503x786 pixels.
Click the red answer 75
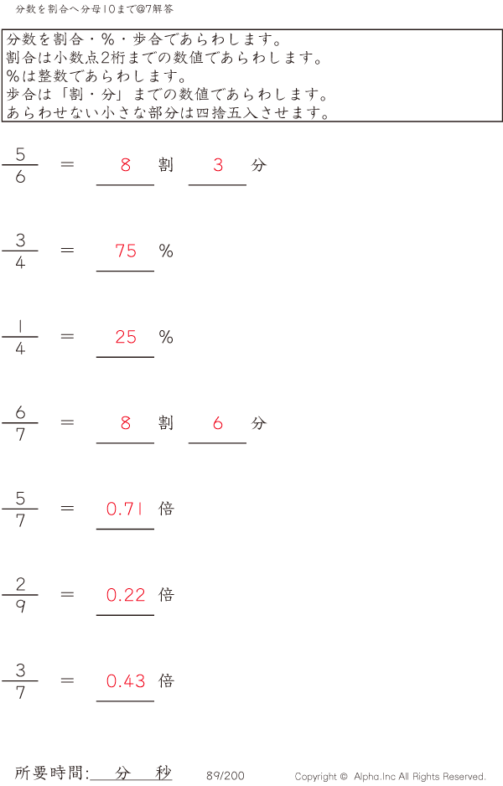(126, 251)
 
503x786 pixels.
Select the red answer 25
(126, 337)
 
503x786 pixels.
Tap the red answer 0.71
(126, 509)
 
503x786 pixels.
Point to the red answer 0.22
(126, 595)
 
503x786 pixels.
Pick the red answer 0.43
(126, 681)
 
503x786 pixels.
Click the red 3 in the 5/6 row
(218, 165)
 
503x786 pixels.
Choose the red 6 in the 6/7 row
(218, 423)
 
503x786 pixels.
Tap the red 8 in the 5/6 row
(126, 165)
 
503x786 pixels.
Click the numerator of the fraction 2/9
(20, 585)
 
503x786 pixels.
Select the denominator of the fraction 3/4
(20, 262)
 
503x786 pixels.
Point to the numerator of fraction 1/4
(20, 327)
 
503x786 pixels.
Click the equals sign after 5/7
(68, 509)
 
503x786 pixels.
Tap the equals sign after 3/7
(68, 681)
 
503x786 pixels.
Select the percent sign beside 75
(166, 251)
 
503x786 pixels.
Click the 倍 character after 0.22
(166, 595)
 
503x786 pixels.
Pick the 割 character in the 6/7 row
(166, 423)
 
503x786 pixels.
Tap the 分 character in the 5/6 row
(258, 165)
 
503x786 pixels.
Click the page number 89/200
(226, 776)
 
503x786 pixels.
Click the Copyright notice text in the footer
(390, 777)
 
